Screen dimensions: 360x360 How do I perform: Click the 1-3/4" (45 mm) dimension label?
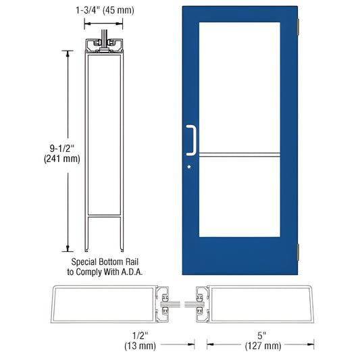[x=105, y=11]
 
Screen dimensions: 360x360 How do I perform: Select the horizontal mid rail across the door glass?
[x=239, y=155]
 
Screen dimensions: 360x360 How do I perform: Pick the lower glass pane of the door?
[x=239, y=203]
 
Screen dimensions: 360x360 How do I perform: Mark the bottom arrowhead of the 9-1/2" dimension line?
[x=66, y=248]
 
